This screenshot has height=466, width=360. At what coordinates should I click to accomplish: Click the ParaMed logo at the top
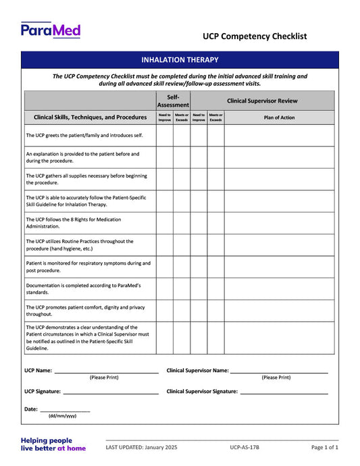51,30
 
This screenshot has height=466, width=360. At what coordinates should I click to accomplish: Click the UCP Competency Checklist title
255,36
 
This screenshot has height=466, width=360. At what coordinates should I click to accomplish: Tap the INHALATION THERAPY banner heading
180,60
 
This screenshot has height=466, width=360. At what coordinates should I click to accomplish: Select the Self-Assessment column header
173,101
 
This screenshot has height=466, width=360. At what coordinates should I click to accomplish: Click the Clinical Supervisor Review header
262,101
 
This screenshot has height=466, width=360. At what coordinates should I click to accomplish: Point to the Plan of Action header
279,118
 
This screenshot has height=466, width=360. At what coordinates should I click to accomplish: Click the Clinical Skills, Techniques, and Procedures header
90,118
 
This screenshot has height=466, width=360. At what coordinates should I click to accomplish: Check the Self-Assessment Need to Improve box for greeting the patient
165,135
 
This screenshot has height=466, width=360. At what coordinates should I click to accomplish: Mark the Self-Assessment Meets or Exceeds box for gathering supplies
182,179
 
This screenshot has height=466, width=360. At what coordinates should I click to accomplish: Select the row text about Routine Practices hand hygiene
80,244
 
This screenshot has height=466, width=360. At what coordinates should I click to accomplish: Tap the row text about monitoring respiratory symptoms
88,266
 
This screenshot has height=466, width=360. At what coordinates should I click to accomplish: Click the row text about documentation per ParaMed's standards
83,288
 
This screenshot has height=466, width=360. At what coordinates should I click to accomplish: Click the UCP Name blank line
106,370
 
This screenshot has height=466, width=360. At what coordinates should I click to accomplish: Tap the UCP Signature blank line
110,391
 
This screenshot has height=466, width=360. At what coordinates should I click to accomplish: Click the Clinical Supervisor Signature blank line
284,391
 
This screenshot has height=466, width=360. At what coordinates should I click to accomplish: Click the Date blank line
65,409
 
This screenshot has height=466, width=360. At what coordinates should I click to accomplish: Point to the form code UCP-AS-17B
244,447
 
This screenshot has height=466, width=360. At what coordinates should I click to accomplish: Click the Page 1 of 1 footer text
324,447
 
